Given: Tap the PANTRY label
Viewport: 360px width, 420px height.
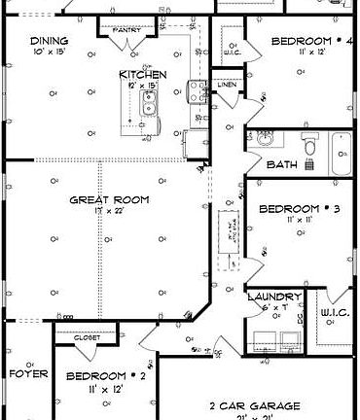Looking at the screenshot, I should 127,31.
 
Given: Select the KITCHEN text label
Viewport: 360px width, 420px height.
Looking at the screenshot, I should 143,74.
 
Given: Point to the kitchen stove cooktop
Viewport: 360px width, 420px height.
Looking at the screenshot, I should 196,92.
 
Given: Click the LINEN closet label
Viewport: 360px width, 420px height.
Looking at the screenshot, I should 226,86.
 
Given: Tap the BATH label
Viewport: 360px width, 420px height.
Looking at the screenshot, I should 275,164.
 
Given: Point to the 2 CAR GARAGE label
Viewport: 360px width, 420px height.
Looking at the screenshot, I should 255,405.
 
